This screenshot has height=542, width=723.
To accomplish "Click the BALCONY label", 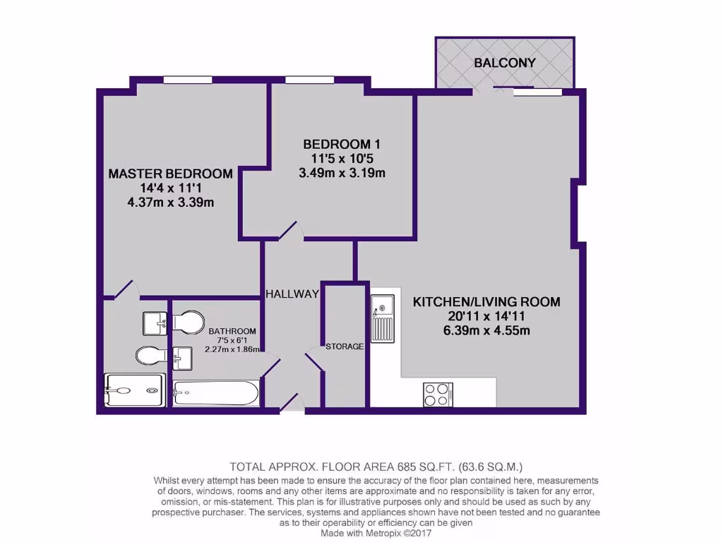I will (504, 63).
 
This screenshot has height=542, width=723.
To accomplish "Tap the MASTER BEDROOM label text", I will (170, 174).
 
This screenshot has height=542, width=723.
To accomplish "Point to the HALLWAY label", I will (292, 294).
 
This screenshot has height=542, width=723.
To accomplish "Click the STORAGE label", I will (345, 347).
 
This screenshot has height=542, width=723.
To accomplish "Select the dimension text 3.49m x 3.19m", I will (342, 173).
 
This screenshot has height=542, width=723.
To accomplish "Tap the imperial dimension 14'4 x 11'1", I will (170, 188).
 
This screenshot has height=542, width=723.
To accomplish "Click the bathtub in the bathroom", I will (216, 393).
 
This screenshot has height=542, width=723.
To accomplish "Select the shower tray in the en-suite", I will (134, 390).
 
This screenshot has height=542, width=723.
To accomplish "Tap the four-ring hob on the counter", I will (438, 394).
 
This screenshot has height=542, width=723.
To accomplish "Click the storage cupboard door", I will (313, 359).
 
